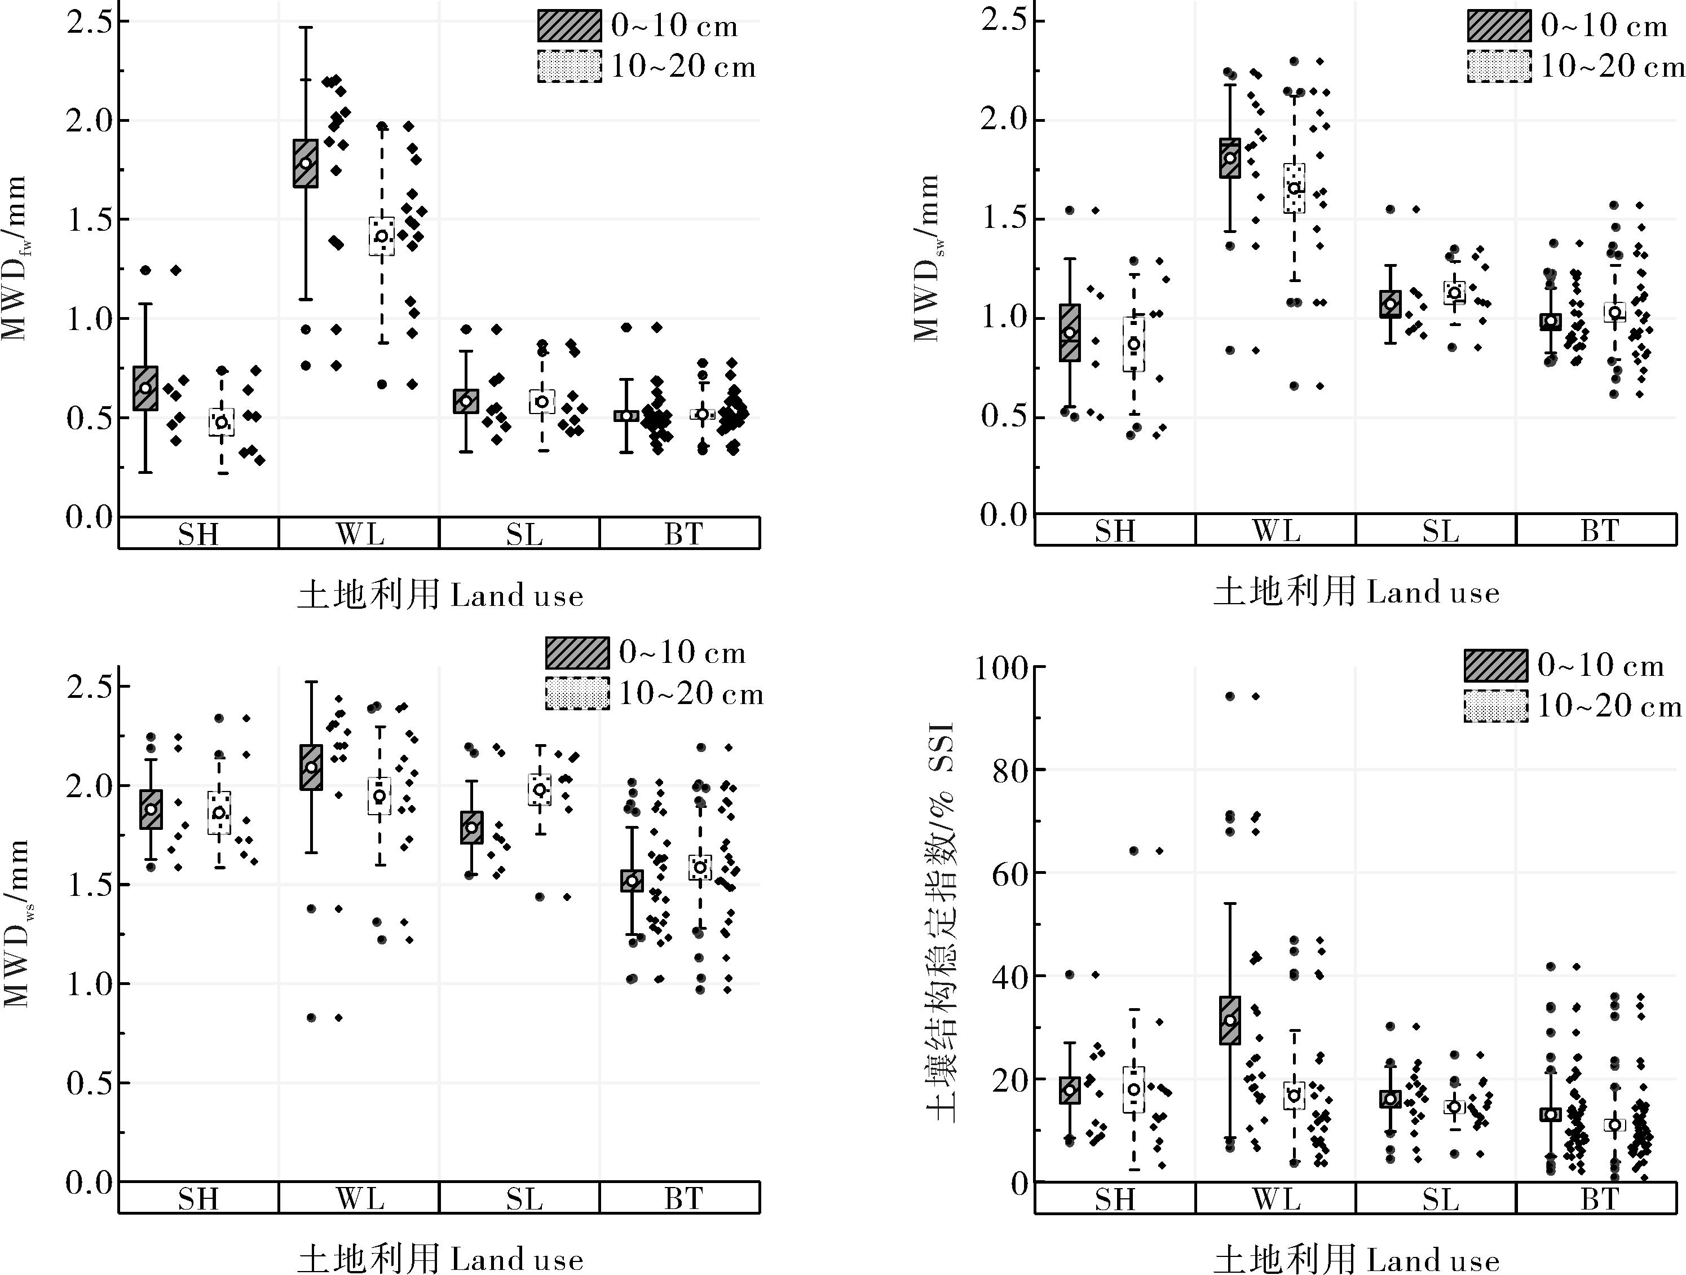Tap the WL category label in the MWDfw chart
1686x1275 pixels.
click(360, 534)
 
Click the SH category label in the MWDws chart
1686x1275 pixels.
click(198, 1199)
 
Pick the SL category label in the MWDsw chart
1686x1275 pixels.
click(1439, 531)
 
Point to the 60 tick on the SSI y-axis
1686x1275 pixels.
click(1009, 874)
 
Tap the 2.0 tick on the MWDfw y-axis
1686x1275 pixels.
click(87, 121)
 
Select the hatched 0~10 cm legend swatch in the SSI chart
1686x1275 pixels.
click(1495, 665)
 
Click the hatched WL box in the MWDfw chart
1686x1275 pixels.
click(306, 163)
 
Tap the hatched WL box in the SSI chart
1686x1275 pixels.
click(1229, 1021)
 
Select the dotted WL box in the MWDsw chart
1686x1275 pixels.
click(1294, 188)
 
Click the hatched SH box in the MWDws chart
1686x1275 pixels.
click(151, 809)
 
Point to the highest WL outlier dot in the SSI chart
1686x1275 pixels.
click(1229, 696)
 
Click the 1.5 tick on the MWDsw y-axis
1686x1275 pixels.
click(1003, 219)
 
